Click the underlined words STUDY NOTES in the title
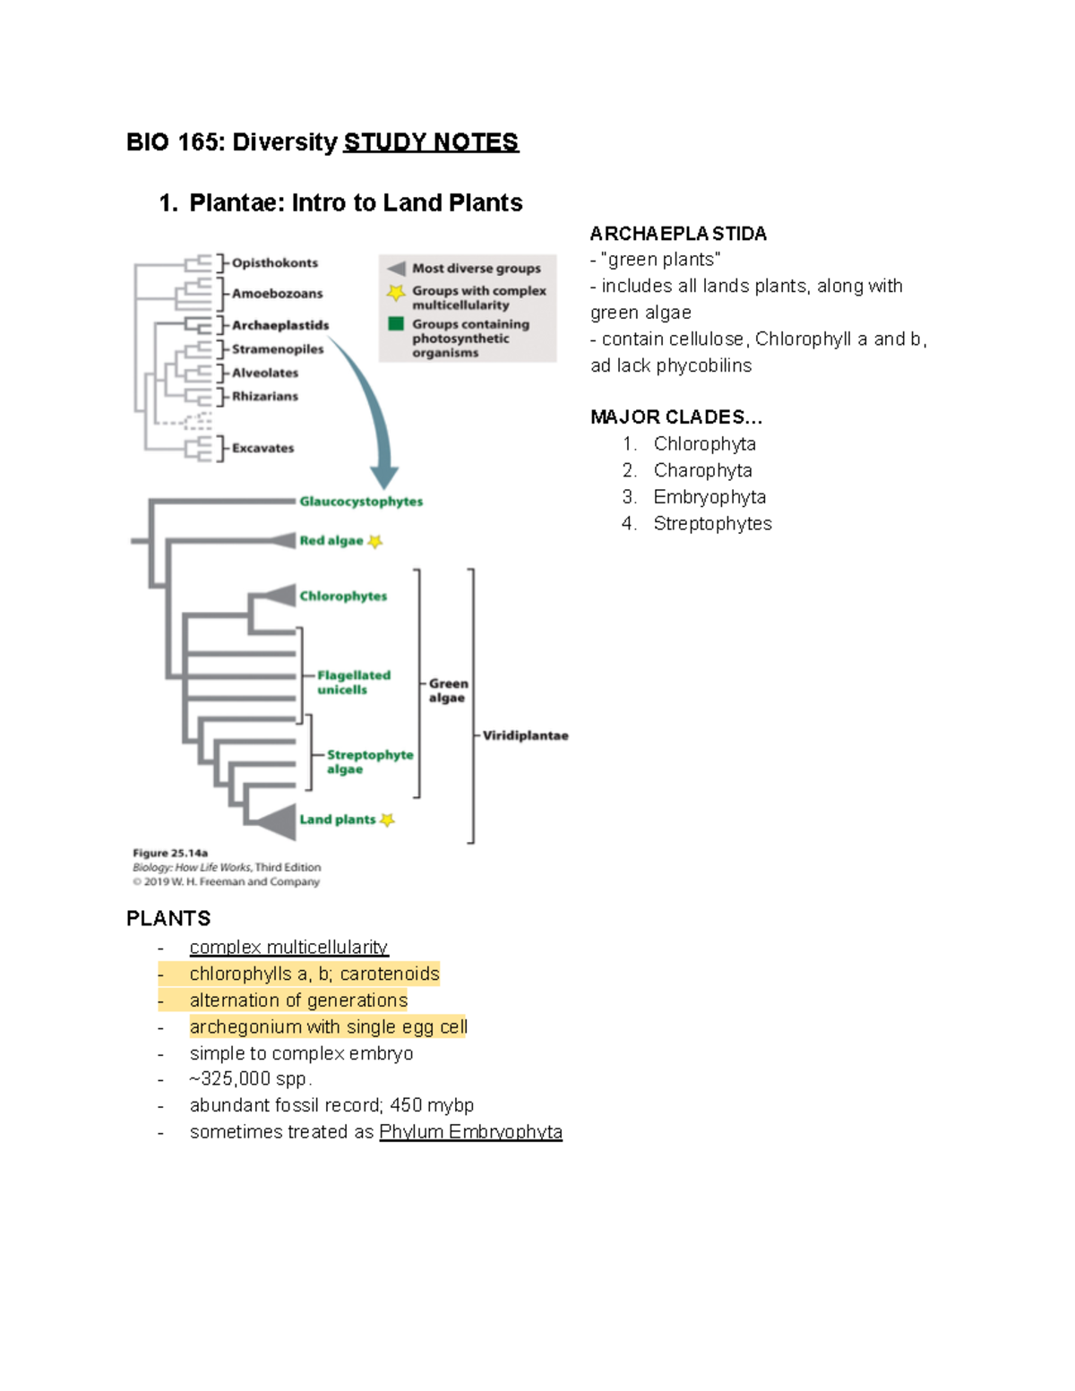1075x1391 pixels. (x=430, y=142)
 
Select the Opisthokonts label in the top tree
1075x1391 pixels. (x=274, y=262)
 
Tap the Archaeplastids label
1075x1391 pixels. (x=279, y=325)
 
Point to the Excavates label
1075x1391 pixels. (x=262, y=448)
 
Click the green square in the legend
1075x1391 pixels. (x=396, y=324)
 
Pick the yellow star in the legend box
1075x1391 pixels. (x=395, y=292)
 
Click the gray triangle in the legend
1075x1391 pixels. (x=396, y=268)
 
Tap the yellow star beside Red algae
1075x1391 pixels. (x=375, y=541)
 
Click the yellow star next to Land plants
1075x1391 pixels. (x=387, y=820)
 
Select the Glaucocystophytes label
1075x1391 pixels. (x=360, y=502)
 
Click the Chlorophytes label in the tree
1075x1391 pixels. (x=343, y=597)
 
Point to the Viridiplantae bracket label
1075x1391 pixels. (x=525, y=735)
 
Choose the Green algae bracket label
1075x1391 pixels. (x=448, y=691)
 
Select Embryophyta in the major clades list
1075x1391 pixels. (x=709, y=497)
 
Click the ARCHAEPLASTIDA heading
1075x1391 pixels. (x=678, y=234)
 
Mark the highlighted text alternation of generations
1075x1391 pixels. (x=298, y=1000)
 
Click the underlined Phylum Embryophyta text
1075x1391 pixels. (x=470, y=1132)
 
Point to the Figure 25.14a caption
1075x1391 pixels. (x=170, y=853)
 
